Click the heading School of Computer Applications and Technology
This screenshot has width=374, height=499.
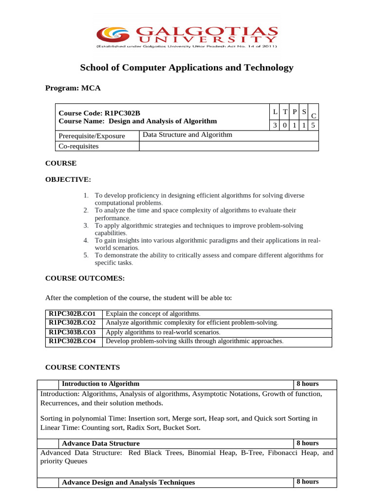coord(187,68)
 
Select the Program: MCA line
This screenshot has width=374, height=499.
coord(73,88)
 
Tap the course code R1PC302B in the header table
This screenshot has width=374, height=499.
coord(122,113)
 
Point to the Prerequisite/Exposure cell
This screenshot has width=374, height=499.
coord(92,136)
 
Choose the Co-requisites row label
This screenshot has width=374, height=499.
coord(78,146)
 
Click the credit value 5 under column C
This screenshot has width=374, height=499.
coord(314,125)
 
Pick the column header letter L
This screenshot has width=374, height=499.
coord(275,112)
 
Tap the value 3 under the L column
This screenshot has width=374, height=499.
coord(275,125)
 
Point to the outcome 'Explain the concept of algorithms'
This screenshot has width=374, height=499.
coord(153,313)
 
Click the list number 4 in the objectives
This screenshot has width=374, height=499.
coord(85,240)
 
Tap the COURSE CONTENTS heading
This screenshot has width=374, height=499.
coord(82,367)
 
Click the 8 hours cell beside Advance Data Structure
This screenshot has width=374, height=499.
coord(307,443)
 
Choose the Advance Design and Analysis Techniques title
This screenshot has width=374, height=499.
coord(129,482)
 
